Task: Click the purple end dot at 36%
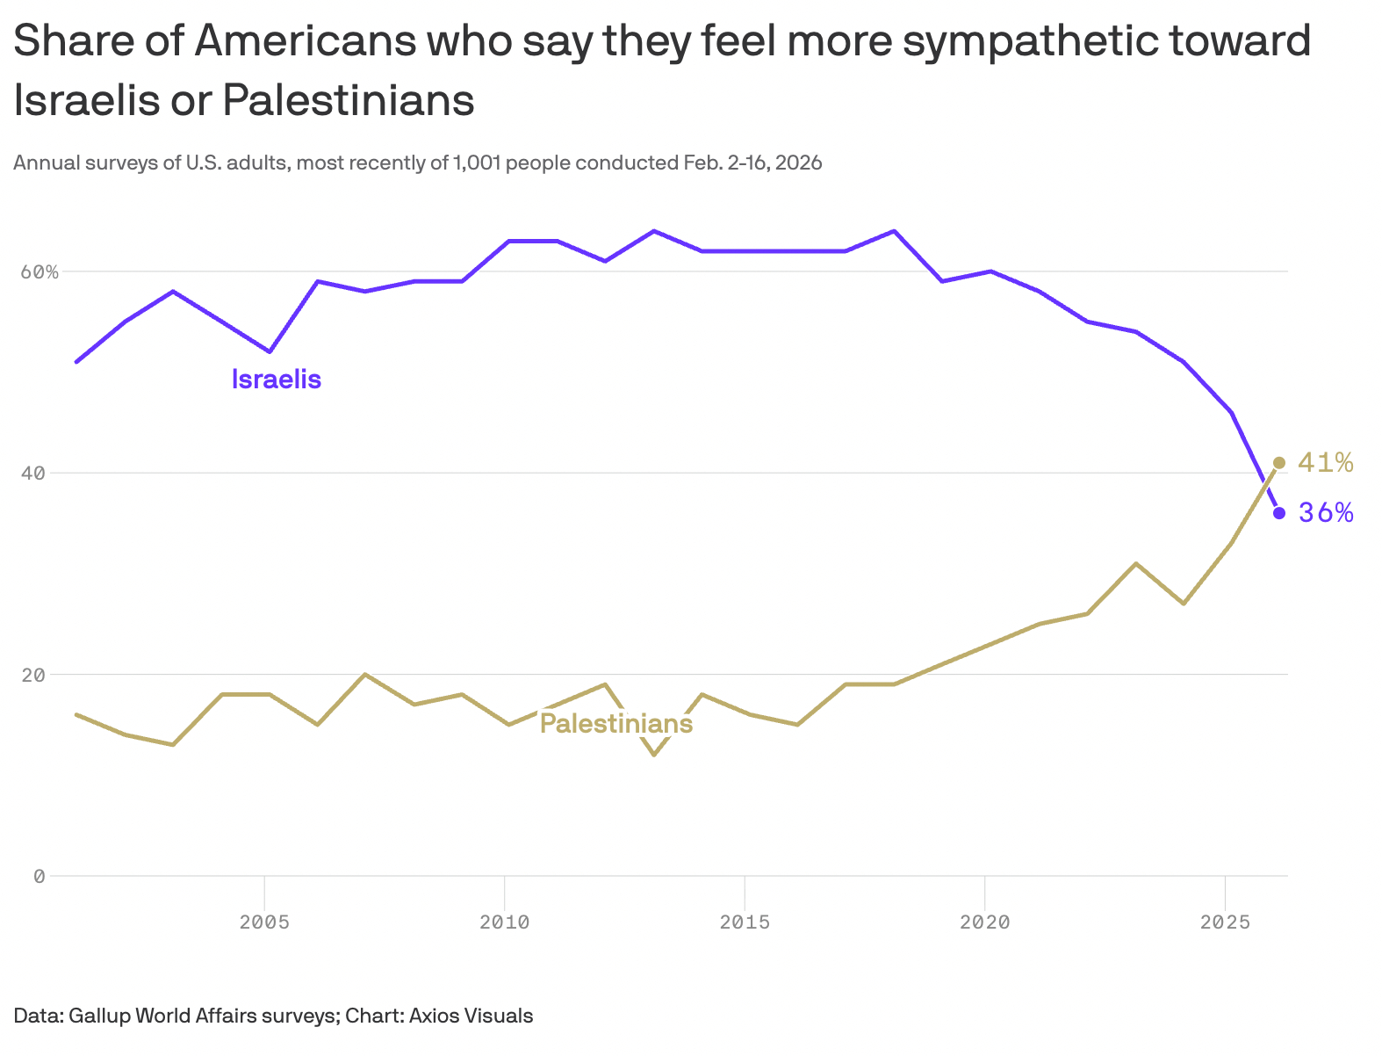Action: (x=1279, y=513)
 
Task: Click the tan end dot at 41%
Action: (x=1279, y=463)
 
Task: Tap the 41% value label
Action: (x=1325, y=463)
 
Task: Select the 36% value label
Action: (x=1326, y=513)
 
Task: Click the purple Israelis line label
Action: (x=276, y=380)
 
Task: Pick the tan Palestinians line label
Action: (x=615, y=724)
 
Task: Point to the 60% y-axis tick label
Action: (x=40, y=271)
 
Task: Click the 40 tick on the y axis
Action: (x=32, y=474)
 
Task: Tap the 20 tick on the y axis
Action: (x=32, y=675)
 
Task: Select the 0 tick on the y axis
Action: (x=39, y=876)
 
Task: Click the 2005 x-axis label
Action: (x=264, y=922)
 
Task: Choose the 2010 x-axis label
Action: (x=504, y=922)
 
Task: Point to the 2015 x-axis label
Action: (x=745, y=922)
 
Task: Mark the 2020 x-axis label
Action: (x=984, y=922)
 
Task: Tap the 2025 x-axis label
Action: (x=1225, y=922)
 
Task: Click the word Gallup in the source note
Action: (x=99, y=1016)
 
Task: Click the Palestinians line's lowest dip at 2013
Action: (x=654, y=754)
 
